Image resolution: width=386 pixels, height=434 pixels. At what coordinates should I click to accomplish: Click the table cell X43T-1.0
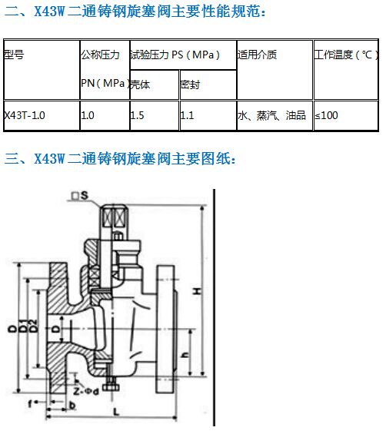pos(25,115)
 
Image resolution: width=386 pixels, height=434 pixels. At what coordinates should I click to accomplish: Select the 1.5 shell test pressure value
pos(137,115)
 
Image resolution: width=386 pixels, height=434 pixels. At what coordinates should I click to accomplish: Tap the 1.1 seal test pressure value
pos(187,115)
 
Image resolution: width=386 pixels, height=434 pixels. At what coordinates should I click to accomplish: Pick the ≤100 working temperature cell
pos(327,115)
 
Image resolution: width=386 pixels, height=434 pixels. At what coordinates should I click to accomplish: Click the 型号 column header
pos(14,55)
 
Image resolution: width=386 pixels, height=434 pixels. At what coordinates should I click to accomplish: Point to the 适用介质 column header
pos(257,55)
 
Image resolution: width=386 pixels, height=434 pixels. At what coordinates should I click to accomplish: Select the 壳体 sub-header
pos(141,84)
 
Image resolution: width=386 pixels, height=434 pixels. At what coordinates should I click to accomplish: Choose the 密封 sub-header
pos(190,84)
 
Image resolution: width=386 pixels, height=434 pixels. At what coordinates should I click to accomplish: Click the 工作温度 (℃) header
pos(346,55)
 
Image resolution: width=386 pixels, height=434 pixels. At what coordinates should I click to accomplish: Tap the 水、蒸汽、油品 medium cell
pos(271,115)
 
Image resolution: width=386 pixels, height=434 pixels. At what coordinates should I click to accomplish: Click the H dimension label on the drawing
pos(197,291)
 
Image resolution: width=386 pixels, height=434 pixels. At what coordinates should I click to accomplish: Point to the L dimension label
pos(116,412)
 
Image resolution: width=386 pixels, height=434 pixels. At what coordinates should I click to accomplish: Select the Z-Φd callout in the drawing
pos(86,392)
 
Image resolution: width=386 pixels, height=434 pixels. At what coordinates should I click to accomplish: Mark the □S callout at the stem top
pos(80,196)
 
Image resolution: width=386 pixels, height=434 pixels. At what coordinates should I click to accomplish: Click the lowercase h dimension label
pos(185,355)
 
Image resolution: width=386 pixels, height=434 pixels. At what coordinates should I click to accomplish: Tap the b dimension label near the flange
pos(72,406)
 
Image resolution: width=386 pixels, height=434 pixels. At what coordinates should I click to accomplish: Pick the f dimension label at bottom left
pos(31,404)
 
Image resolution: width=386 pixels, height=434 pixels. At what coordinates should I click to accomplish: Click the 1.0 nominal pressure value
pos(88,115)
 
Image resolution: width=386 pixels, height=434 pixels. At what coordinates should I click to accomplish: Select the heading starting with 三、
pos(120,159)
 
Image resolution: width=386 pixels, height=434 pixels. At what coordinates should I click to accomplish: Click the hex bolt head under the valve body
pos(111,386)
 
